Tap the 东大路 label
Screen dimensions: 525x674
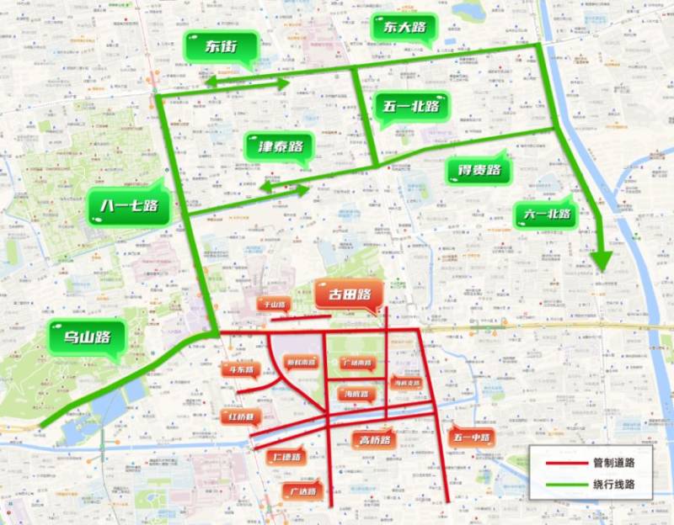(404, 28)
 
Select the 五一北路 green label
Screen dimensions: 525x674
(411, 107)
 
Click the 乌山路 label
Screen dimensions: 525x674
(87, 339)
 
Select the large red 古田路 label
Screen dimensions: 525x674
(350, 294)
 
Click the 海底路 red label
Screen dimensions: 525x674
(356, 393)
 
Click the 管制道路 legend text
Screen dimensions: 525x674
(613, 463)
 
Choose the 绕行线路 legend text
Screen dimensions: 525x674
(613, 484)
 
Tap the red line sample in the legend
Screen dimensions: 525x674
(564, 463)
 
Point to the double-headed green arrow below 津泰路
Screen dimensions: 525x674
(284, 190)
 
